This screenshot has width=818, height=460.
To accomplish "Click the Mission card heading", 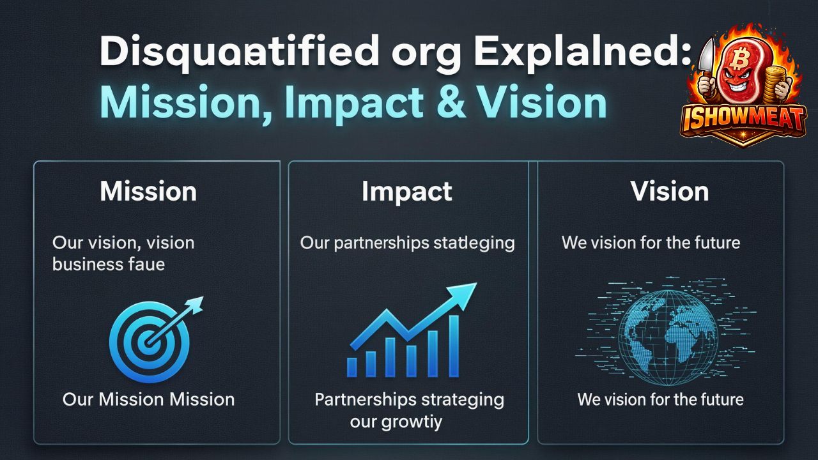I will click(x=148, y=192).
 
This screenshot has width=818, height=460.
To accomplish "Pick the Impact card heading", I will click(x=407, y=192).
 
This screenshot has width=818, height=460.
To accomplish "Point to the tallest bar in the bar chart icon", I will click(x=454, y=345).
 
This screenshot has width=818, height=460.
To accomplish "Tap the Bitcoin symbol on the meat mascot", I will click(x=741, y=61).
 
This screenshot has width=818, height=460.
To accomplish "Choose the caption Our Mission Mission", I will click(x=148, y=400).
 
